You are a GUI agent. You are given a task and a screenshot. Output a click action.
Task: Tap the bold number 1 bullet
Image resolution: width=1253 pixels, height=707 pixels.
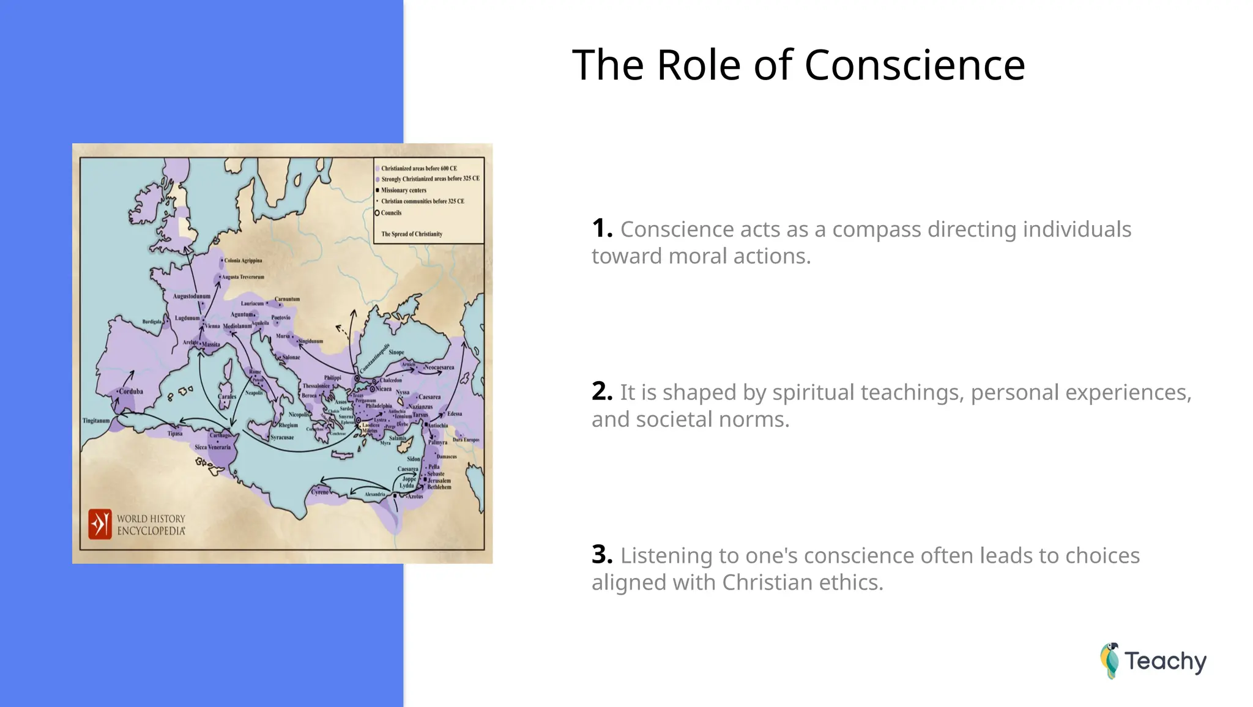coord(601,229)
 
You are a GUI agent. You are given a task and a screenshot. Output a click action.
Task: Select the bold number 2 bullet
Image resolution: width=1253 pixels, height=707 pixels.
coord(601,391)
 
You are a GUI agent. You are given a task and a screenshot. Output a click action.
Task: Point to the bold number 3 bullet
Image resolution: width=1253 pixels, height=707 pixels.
coord(601,555)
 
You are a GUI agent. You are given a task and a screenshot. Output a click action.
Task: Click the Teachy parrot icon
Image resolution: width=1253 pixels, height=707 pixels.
coord(1110,661)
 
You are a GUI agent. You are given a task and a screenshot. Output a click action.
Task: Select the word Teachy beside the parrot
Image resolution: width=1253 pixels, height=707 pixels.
coord(1165,661)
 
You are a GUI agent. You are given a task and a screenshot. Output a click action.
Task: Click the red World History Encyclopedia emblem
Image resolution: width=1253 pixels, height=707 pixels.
coord(100,524)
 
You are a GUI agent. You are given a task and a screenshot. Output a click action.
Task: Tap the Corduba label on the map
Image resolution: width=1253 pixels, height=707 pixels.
coord(131,391)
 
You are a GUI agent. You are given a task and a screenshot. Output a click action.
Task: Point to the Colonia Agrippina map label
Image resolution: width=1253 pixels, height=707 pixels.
coord(243,261)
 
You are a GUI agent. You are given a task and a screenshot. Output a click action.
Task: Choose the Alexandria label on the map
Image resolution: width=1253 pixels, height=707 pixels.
coord(374,494)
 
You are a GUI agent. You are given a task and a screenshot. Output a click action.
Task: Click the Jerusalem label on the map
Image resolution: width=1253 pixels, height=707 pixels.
coord(439,481)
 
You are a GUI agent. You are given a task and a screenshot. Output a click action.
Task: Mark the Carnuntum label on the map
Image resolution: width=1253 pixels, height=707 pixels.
coord(287,299)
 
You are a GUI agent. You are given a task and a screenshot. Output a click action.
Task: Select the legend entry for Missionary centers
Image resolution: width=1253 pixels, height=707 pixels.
coord(403,190)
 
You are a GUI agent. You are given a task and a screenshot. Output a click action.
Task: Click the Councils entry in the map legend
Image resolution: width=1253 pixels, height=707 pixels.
coord(391,213)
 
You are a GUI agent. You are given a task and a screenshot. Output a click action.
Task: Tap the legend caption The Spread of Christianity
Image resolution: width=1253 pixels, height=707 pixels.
coord(412,234)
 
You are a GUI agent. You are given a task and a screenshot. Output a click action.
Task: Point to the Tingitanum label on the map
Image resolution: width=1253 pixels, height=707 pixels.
coord(96,421)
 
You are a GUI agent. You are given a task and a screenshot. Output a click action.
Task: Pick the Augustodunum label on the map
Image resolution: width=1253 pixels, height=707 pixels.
coord(191,296)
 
